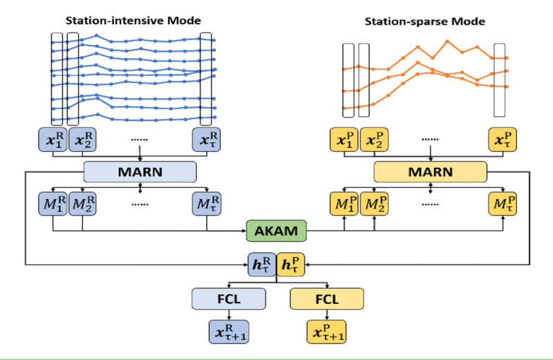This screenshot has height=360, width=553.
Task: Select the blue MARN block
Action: point(140,171)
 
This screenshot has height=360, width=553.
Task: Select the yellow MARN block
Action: point(430,171)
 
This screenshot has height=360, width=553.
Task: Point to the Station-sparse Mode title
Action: point(424,21)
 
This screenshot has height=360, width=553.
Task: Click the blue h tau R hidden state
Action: point(263,263)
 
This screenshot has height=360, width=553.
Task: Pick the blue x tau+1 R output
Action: point(229,332)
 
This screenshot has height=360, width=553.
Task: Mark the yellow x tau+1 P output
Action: point(326,332)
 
